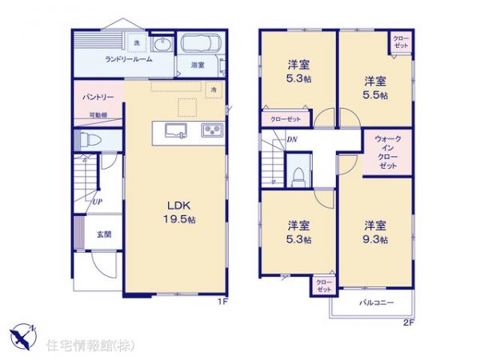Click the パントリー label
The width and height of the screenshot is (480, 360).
point(98,98)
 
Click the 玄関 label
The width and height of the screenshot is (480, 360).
point(105,234)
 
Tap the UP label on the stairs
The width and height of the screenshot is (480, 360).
point(95,201)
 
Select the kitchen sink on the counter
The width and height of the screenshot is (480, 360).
point(175,130)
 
